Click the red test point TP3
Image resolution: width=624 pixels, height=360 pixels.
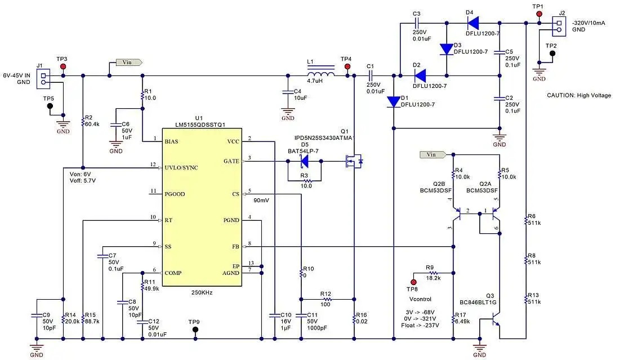click(63, 66)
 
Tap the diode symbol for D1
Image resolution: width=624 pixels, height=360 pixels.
click(393, 102)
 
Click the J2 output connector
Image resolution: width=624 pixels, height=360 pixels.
click(559, 25)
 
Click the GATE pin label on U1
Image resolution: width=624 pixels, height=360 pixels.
click(231, 161)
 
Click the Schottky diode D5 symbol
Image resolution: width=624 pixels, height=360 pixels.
click(304, 161)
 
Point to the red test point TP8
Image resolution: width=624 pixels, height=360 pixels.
click(413, 282)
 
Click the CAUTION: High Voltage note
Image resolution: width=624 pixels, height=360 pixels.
click(578, 95)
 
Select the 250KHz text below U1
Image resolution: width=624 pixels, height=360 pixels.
click(202, 293)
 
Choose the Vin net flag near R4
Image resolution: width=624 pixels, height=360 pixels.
click(433, 154)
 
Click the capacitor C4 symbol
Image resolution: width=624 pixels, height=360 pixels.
click(288, 92)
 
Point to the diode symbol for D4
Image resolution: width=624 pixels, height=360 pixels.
click(473, 23)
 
